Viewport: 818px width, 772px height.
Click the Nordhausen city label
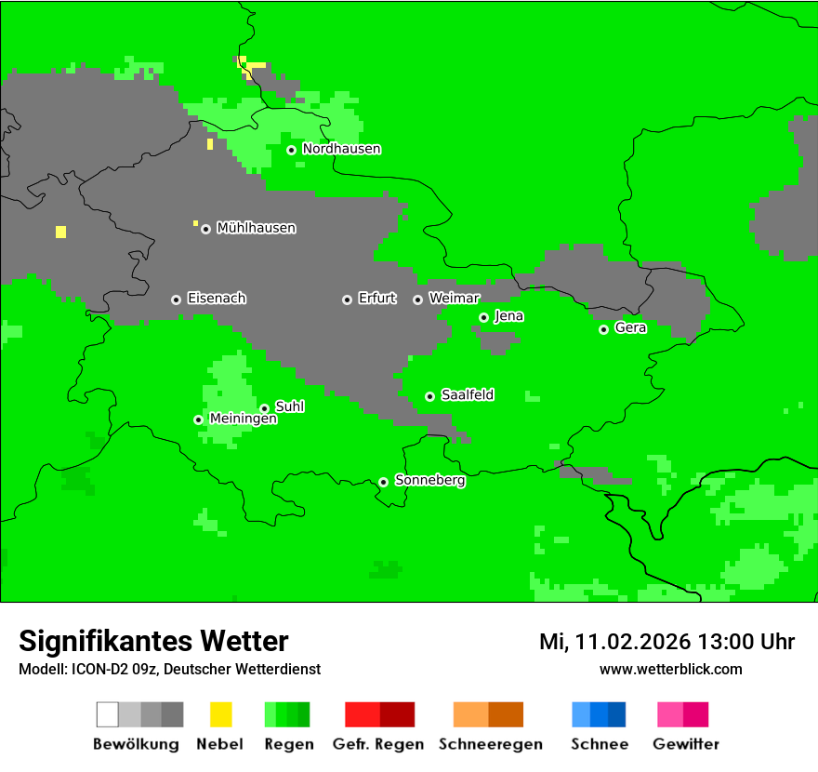coord(341,149)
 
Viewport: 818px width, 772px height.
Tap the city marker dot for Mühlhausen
coord(205,229)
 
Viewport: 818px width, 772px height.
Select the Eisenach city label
coord(217,299)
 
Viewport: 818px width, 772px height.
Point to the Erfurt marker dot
coord(347,299)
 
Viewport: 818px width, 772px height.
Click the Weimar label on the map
coord(455,298)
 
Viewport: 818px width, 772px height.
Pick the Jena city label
coord(508,316)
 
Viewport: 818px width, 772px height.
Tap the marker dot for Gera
coord(603,329)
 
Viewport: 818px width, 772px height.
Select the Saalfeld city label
coord(468,395)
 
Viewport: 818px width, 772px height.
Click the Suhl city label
coord(290,406)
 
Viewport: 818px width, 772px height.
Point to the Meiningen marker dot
coord(198,419)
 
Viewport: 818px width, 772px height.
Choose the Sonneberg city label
coord(430,480)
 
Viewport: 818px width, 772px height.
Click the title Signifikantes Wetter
coord(153,641)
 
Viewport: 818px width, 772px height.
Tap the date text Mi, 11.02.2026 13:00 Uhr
coord(666,642)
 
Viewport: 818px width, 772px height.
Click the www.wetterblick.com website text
coord(670,669)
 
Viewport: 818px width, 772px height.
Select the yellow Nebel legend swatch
coord(220,714)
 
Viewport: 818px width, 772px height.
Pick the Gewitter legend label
coord(686,744)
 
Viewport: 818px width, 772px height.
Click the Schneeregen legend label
coord(491,744)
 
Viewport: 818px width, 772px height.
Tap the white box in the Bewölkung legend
coord(108,714)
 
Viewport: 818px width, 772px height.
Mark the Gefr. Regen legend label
coord(378,744)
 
